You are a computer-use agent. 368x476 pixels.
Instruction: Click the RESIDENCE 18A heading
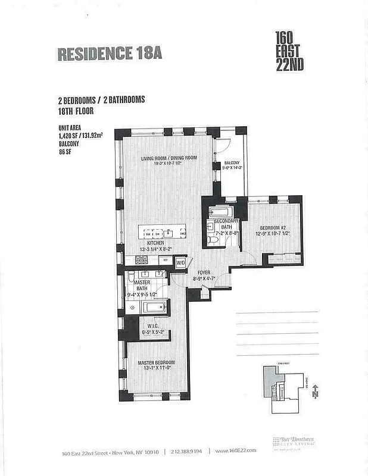(109, 53)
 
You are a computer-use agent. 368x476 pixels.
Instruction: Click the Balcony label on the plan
(232, 166)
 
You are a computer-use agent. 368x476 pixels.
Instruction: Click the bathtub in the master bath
(154, 308)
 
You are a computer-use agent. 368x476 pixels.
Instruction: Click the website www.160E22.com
(235, 451)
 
